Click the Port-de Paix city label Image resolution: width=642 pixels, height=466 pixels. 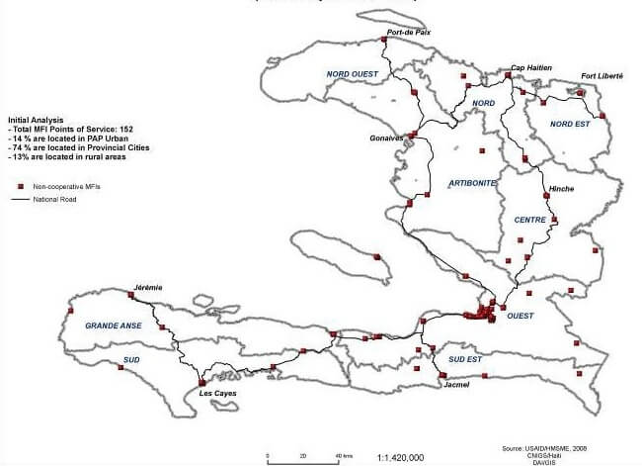[x=405, y=33]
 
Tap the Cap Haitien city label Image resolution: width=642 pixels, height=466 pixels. [x=530, y=68]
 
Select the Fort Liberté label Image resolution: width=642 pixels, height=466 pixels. [x=602, y=76]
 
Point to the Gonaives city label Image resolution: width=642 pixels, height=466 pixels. [x=386, y=138]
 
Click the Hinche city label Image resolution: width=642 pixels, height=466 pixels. [x=561, y=189]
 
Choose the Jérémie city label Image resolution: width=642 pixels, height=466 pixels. [x=144, y=287]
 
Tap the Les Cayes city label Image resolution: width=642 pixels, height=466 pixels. [x=217, y=393]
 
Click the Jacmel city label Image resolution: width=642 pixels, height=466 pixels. [x=456, y=385]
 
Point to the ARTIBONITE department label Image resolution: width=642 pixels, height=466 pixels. [x=471, y=184]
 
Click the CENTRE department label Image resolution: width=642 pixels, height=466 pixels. [x=531, y=220]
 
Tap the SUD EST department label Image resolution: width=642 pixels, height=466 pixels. [x=464, y=359]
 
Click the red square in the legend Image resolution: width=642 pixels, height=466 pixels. [x=20, y=185]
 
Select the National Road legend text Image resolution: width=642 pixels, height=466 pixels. [x=54, y=199]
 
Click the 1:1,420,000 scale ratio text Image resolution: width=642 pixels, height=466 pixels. [x=401, y=458]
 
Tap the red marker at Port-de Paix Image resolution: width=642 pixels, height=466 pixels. [x=383, y=41]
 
